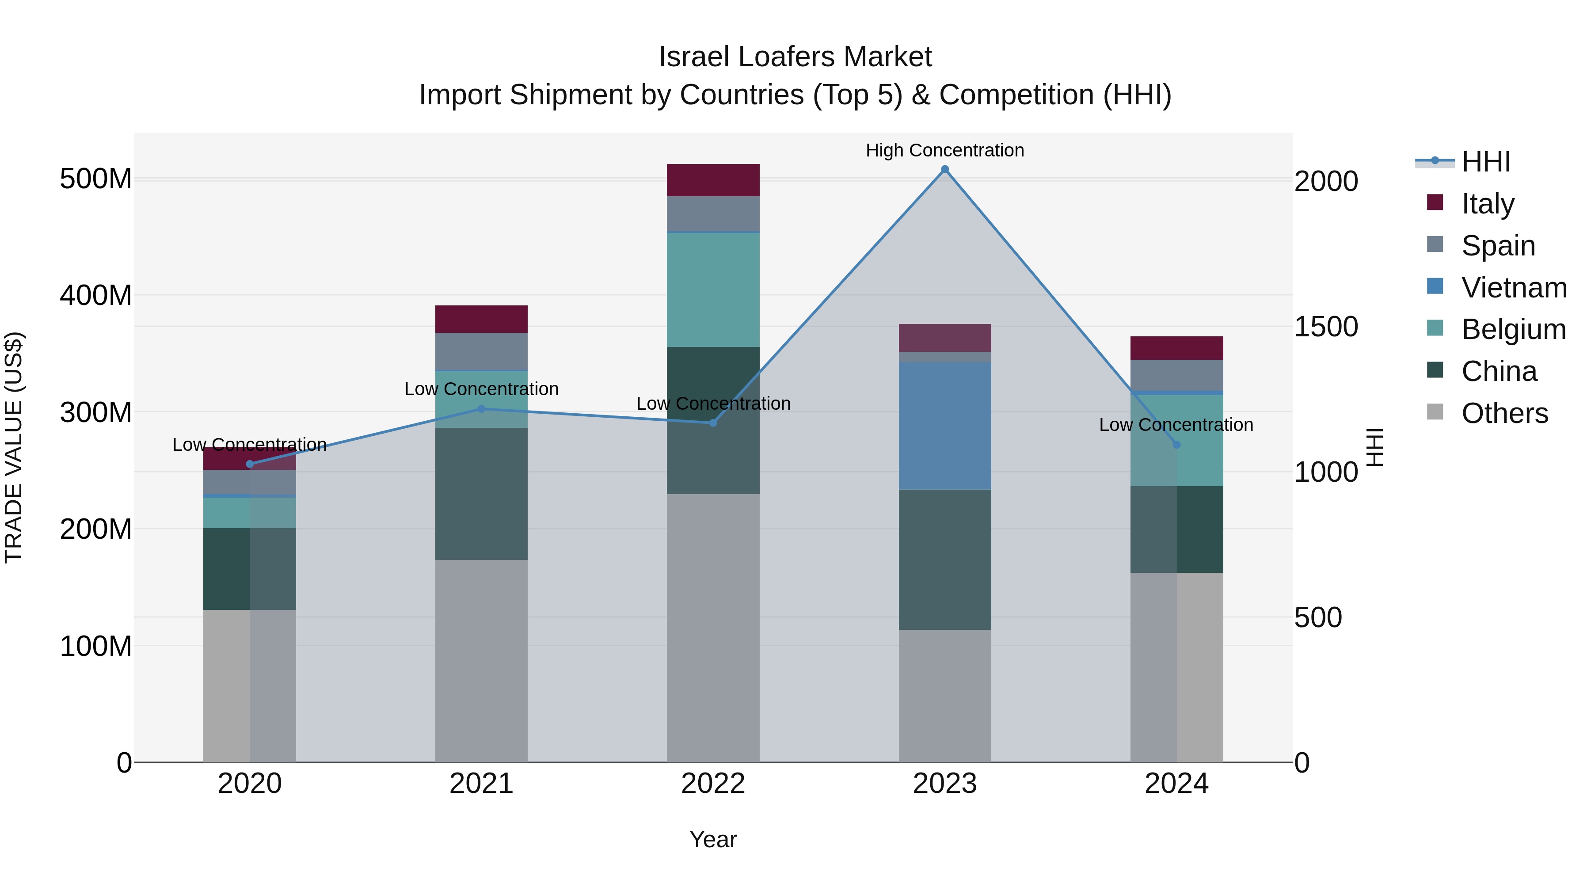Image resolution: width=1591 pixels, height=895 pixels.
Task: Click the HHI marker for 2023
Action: (944, 169)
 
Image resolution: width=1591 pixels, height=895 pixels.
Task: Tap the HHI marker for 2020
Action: (250, 464)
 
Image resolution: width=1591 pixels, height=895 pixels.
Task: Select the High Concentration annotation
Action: (944, 150)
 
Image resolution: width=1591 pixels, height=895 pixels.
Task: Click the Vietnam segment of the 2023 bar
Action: (944, 426)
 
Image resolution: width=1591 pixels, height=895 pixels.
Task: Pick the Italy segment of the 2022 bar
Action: (713, 180)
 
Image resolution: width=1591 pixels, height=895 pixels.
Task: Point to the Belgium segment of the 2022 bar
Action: (713, 289)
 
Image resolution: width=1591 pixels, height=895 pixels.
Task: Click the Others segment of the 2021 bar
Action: (481, 660)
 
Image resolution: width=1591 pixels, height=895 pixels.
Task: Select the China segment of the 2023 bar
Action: (944, 559)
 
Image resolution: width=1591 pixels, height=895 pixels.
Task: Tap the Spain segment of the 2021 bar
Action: (481, 351)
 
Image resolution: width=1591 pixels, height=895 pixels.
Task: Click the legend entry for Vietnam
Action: (1513, 287)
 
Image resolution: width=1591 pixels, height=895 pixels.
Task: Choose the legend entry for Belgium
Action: (1513, 329)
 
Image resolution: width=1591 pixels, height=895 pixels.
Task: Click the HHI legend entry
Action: (1485, 162)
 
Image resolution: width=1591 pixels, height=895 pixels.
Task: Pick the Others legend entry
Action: (1504, 413)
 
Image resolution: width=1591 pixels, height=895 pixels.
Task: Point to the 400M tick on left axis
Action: (96, 295)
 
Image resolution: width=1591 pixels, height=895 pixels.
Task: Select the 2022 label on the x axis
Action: (713, 784)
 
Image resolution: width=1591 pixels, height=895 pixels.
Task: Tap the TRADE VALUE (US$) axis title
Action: (14, 447)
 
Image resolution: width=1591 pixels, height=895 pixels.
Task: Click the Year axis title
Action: (713, 839)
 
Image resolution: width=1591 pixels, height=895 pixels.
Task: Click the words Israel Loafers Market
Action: (795, 57)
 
